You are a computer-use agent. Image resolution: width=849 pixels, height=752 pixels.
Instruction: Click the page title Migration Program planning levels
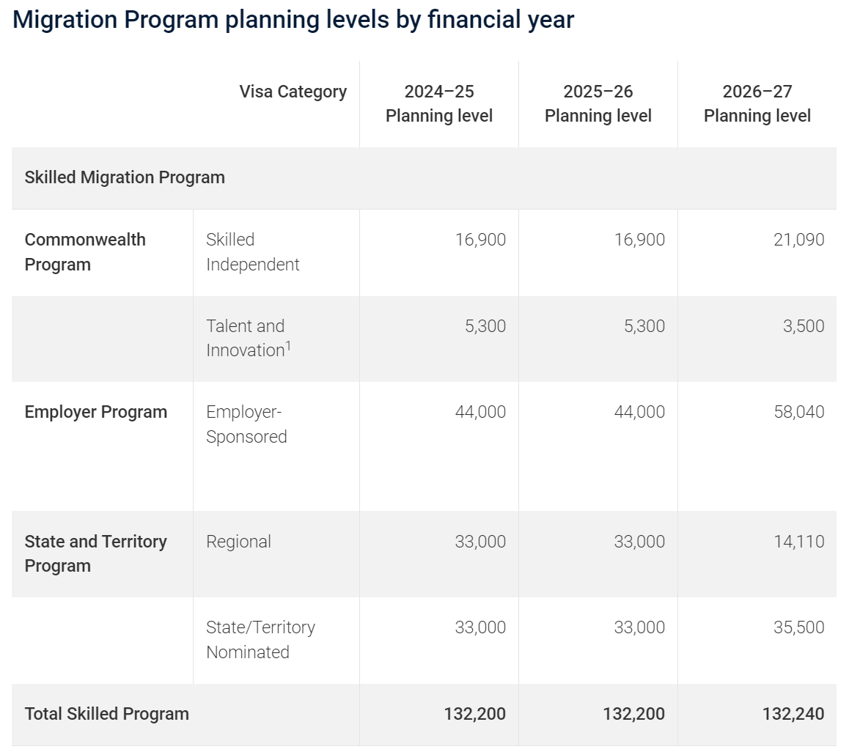pos(293,20)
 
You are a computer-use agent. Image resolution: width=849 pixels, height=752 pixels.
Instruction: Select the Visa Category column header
pos(293,92)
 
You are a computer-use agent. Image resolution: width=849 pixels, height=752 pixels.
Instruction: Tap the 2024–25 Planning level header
pos(439,103)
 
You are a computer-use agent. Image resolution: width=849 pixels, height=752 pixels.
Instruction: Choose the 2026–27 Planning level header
pos(757,103)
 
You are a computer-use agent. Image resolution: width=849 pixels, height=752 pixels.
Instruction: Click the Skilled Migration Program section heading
pos(125,177)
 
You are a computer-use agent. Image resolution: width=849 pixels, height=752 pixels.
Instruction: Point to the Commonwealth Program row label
pos(85,251)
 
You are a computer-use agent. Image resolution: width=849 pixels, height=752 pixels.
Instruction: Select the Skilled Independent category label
pos(252,251)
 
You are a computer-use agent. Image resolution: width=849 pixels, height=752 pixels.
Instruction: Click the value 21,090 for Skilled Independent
pos(798,239)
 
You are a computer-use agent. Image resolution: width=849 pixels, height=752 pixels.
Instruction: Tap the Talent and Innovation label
pos(249,338)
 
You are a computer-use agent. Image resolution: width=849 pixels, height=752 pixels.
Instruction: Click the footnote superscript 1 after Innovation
pos(288,345)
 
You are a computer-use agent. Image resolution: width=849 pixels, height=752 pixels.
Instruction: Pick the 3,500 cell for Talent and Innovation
pos(804,326)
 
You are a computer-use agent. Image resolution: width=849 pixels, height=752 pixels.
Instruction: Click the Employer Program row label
pos(96,412)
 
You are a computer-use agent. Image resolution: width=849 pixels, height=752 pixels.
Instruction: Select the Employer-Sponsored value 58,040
pos(798,412)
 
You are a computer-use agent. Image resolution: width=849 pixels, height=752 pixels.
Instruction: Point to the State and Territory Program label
pos(96,553)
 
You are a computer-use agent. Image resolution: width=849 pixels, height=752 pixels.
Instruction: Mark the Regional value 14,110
pos(798,542)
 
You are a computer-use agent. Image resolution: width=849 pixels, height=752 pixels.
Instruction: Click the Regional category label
pos(238,542)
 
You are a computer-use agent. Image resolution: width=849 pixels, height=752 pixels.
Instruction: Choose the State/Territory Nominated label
pos(260,639)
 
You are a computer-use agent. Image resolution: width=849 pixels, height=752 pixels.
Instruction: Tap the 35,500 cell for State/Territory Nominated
pos(798,627)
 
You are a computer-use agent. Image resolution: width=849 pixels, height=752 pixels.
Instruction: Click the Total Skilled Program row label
pos(106,714)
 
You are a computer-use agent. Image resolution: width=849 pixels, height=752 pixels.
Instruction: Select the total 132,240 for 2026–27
pos(793,714)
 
